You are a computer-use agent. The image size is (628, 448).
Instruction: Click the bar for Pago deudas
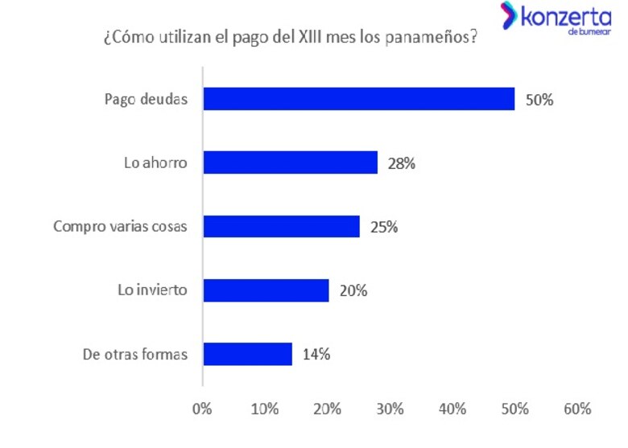pos(358,99)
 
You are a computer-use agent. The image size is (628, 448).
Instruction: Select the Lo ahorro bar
pos(290,162)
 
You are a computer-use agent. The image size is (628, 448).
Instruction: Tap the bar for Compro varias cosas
pos(281,226)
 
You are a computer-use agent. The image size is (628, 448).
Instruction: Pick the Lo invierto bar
pos(266,290)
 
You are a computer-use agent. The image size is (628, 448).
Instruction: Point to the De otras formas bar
pos(247,354)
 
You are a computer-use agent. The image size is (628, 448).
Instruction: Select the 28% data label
pos(400,163)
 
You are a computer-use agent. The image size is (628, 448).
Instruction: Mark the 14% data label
pos(315,355)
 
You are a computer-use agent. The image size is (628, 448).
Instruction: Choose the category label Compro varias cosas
pos(120,227)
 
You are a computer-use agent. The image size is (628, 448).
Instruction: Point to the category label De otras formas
pos(134,355)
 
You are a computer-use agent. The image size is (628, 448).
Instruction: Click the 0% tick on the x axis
pos(202,408)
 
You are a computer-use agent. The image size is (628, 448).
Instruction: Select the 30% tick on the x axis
pos(390,408)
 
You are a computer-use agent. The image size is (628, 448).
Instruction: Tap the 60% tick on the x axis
pos(577,408)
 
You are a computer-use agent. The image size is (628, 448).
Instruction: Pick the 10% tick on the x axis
pos(265,408)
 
